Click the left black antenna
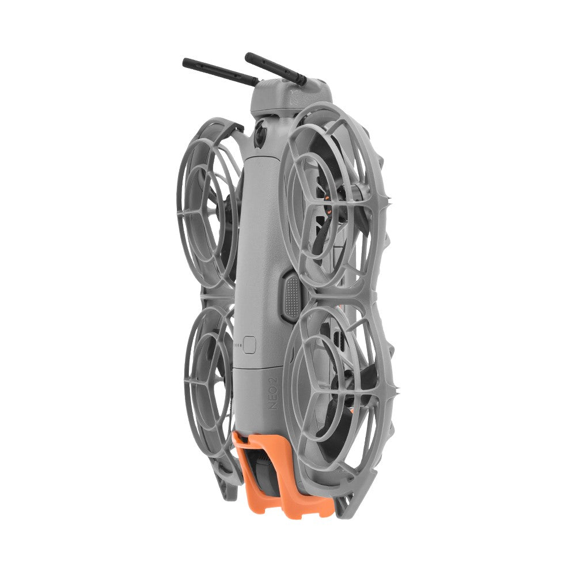(x=221, y=71)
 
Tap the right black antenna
(x=275, y=69)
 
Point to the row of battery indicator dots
(x=238, y=345)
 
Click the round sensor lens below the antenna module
(x=261, y=134)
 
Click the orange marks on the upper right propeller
(x=329, y=206)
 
